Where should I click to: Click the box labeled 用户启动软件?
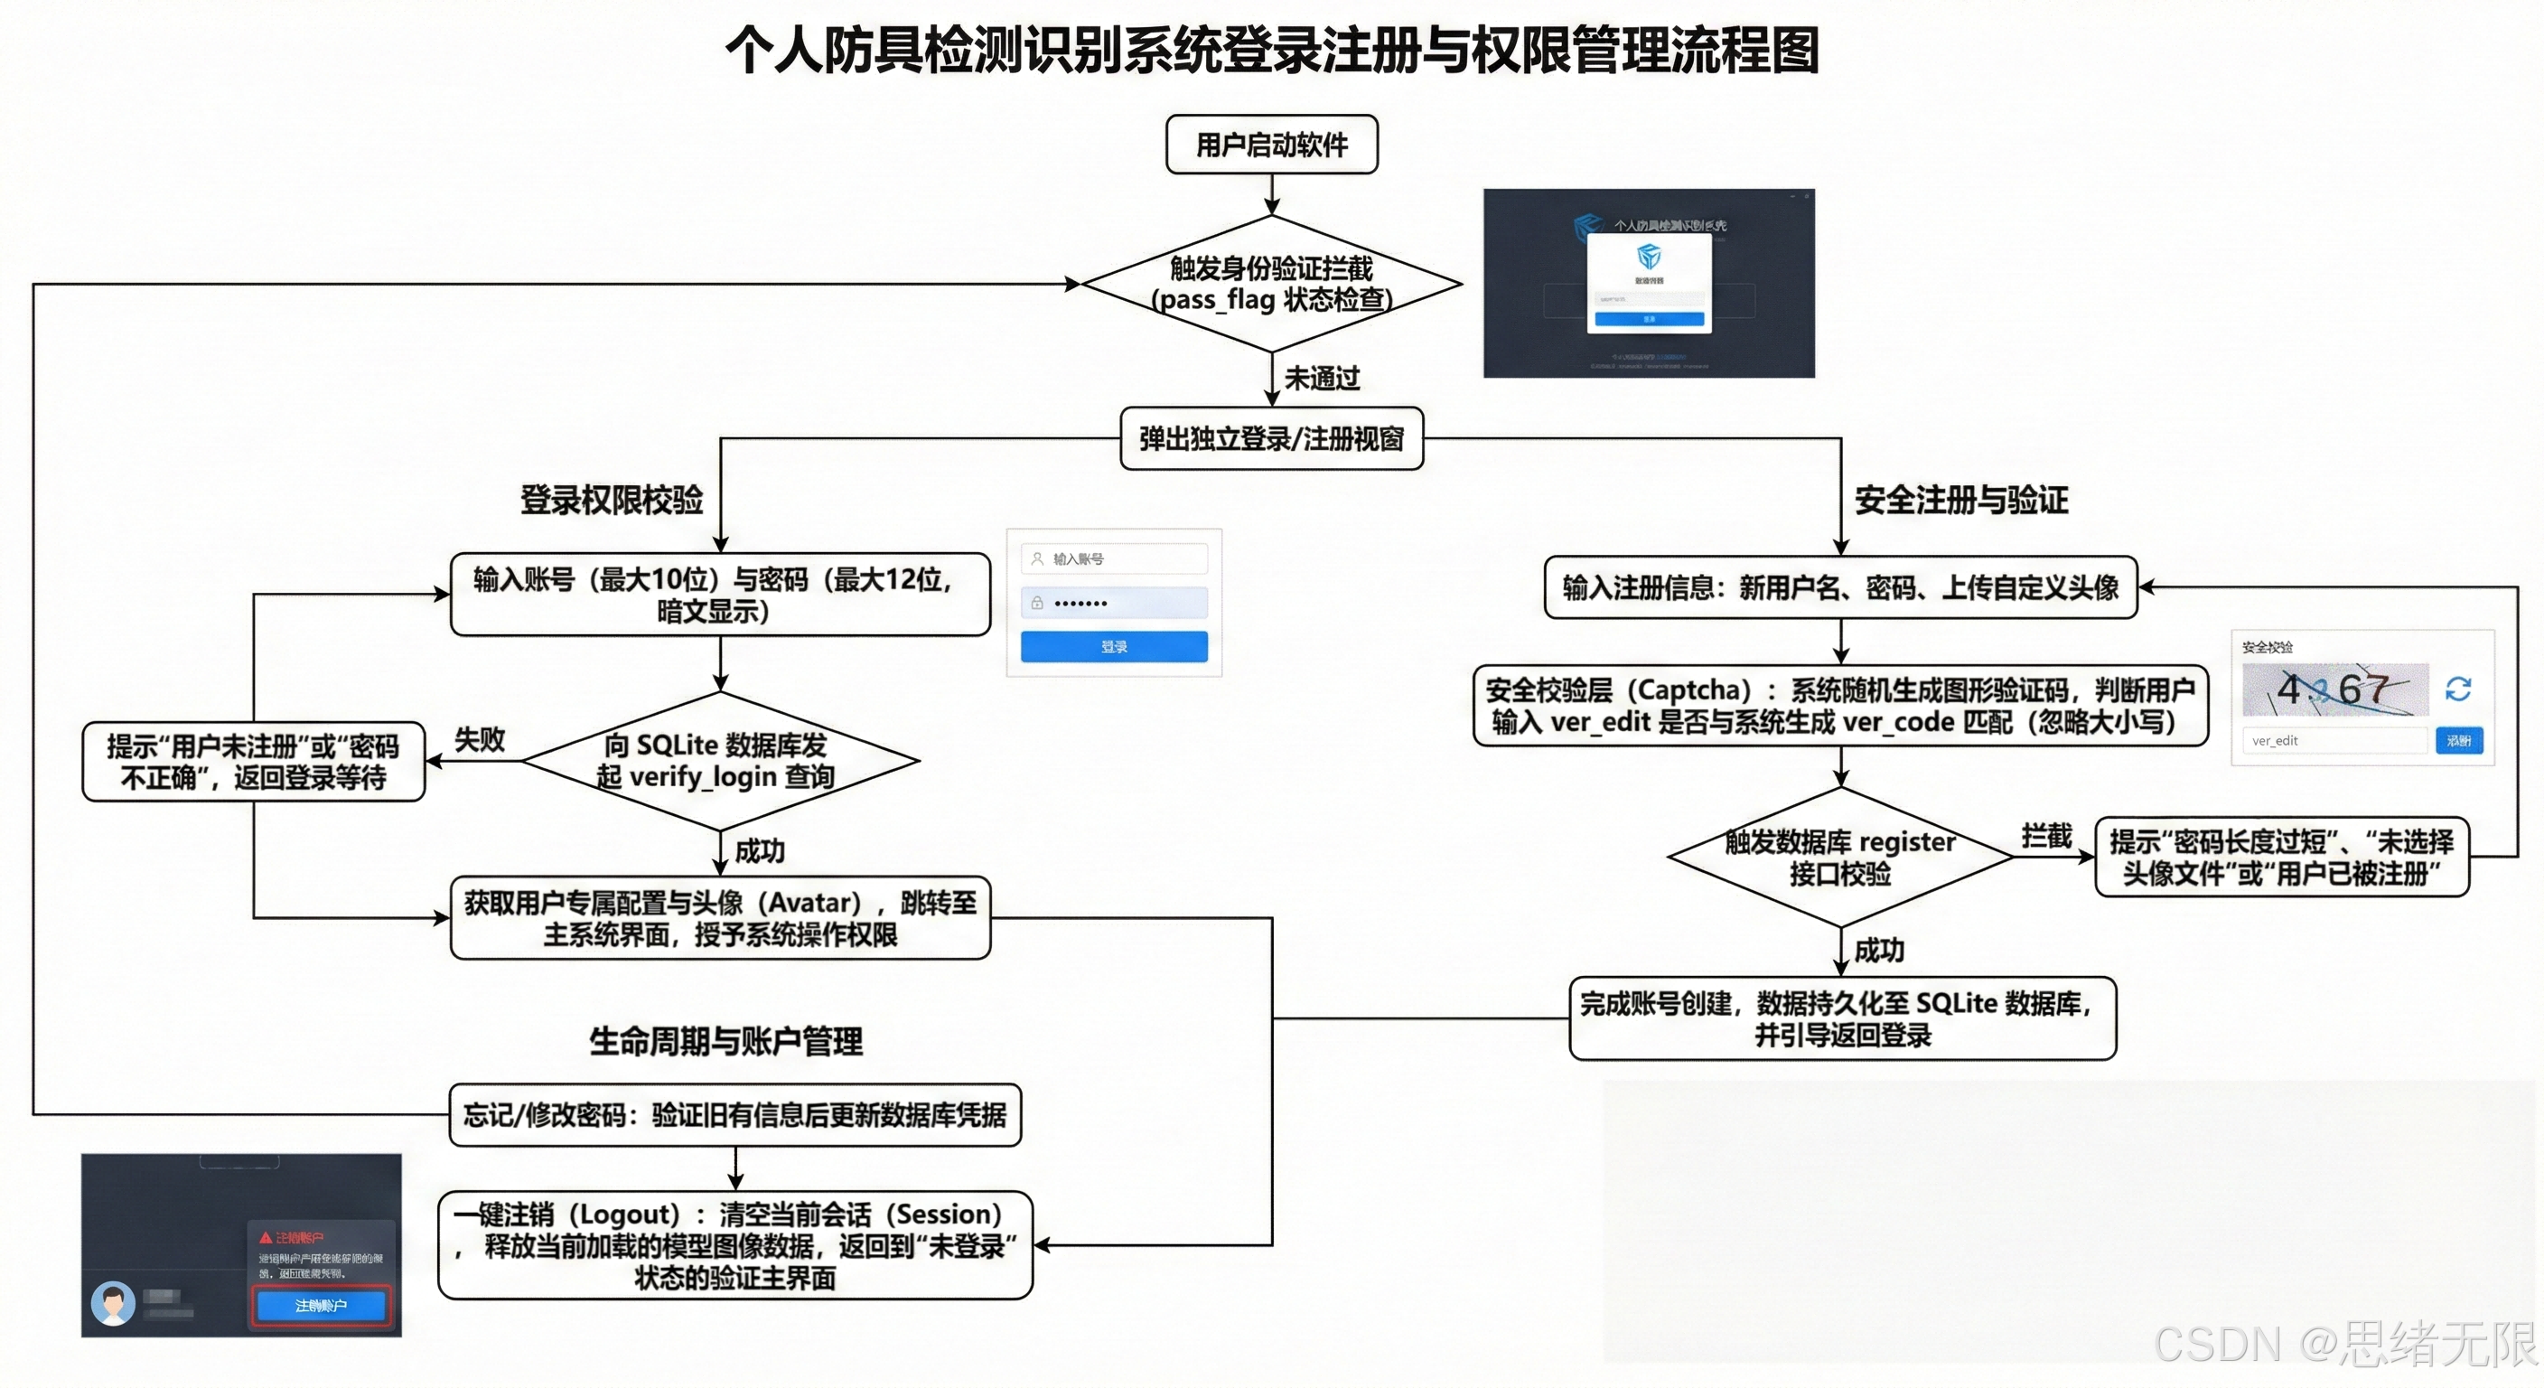pyautogui.click(x=1271, y=145)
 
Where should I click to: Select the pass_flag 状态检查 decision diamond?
pyautogui.click(x=1271, y=284)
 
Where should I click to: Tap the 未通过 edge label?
pyautogui.click(x=1322, y=379)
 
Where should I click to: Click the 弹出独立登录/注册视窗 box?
pyautogui.click(x=1271, y=438)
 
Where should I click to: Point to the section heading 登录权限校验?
pyautogui.click(x=612, y=500)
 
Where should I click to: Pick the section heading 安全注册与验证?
pyautogui.click(x=1960, y=500)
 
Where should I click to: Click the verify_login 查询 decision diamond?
pyautogui.click(x=720, y=761)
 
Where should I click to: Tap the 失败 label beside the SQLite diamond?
pyautogui.click(x=479, y=739)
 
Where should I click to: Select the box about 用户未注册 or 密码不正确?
pyautogui.click(x=253, y=762)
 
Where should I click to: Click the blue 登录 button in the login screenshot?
pyautogui.click(x=1113, y=647)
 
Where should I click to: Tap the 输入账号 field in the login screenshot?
pyautogui.click(x=1113, y=559)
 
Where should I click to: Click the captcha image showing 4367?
pyautogui.click(x=2334, y=689)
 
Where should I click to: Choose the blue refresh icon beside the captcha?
pyautogui.click(x=2457, y=689)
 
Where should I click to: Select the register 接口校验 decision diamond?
pyautogui.click(x=1840, y=858)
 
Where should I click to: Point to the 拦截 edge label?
pyautogui.click(x=2045, y=837)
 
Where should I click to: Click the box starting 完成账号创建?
pyautogui.click(x=1842, y=1018)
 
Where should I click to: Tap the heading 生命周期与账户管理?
pyautogui.click(x=725, y=1041)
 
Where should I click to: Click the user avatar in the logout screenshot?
pyautogui.click(x=114, y=1303)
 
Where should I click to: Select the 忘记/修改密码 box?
pyautogui.click(x=734, y=1115)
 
